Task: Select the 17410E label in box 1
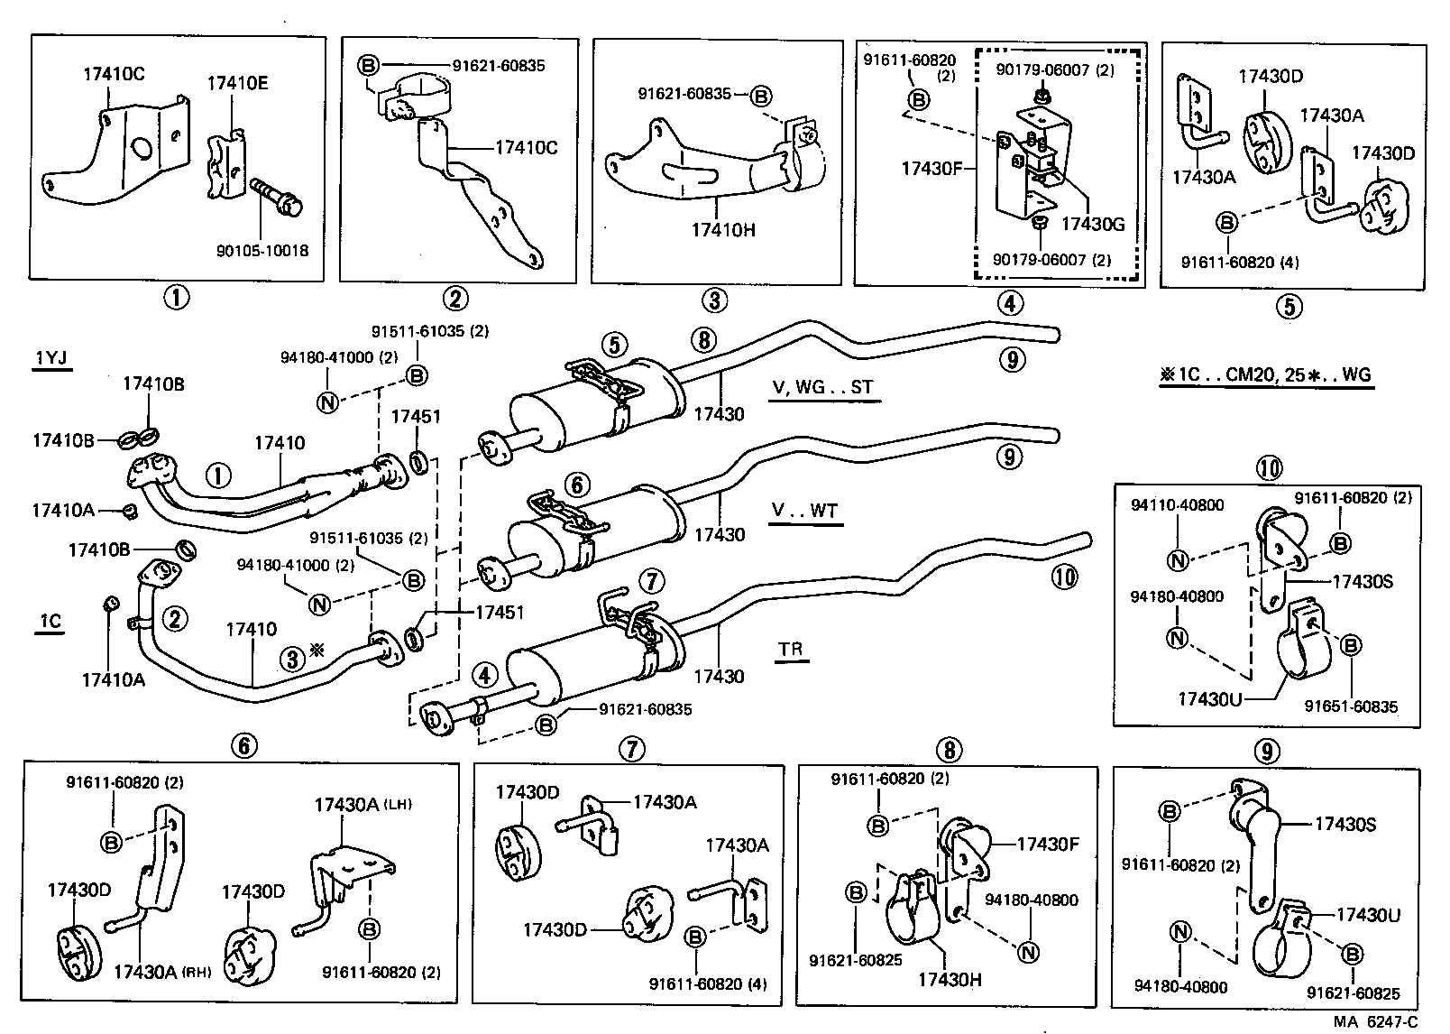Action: [x=237, y=83]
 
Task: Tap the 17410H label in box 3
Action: [x=723, y=229]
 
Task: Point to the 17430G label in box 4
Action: [x=1092, y=224]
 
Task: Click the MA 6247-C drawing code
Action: [x=1377, y=1021]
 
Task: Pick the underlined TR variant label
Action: [x=790, y=649]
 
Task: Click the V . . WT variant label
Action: [x=804, y=511]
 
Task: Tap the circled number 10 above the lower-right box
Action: [x=1269, y=467]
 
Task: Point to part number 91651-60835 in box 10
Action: [x=1351, y=706]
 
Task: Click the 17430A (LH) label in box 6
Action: [x=362, y=804]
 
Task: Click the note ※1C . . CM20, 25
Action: [x=1265, y=375]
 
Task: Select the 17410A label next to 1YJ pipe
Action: [x=62, y=511]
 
